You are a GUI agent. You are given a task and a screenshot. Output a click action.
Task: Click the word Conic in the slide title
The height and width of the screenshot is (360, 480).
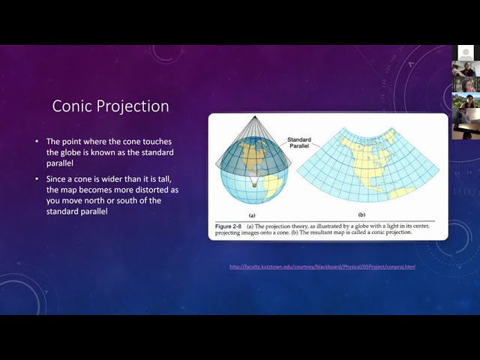(71, 106)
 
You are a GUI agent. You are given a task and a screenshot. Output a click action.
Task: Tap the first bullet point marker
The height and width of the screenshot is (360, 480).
(37, 142)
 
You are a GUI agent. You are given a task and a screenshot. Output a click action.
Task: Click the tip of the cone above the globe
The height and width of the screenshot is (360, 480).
(252, 117)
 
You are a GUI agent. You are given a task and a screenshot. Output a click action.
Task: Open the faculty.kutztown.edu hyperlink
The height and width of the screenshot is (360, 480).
(322, 267)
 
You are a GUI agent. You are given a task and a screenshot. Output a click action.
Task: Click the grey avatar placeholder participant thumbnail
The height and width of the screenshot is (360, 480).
(466, 53)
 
